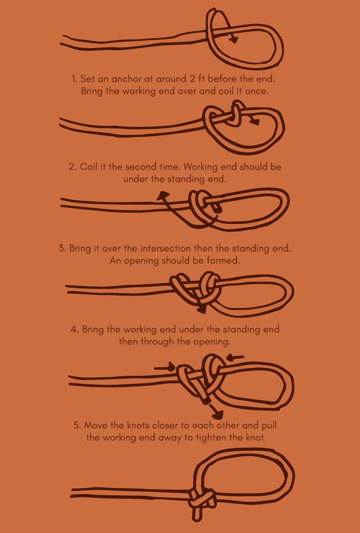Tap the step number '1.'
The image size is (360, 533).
[x=74, y=79]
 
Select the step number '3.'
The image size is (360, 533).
[x=62, y=249]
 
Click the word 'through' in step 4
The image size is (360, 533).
[x=158, y=341]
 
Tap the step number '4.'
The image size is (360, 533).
[x=75, y=329]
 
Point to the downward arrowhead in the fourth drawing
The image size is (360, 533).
[x=202, y=309]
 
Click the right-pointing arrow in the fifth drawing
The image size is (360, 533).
[x=170, y=367]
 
